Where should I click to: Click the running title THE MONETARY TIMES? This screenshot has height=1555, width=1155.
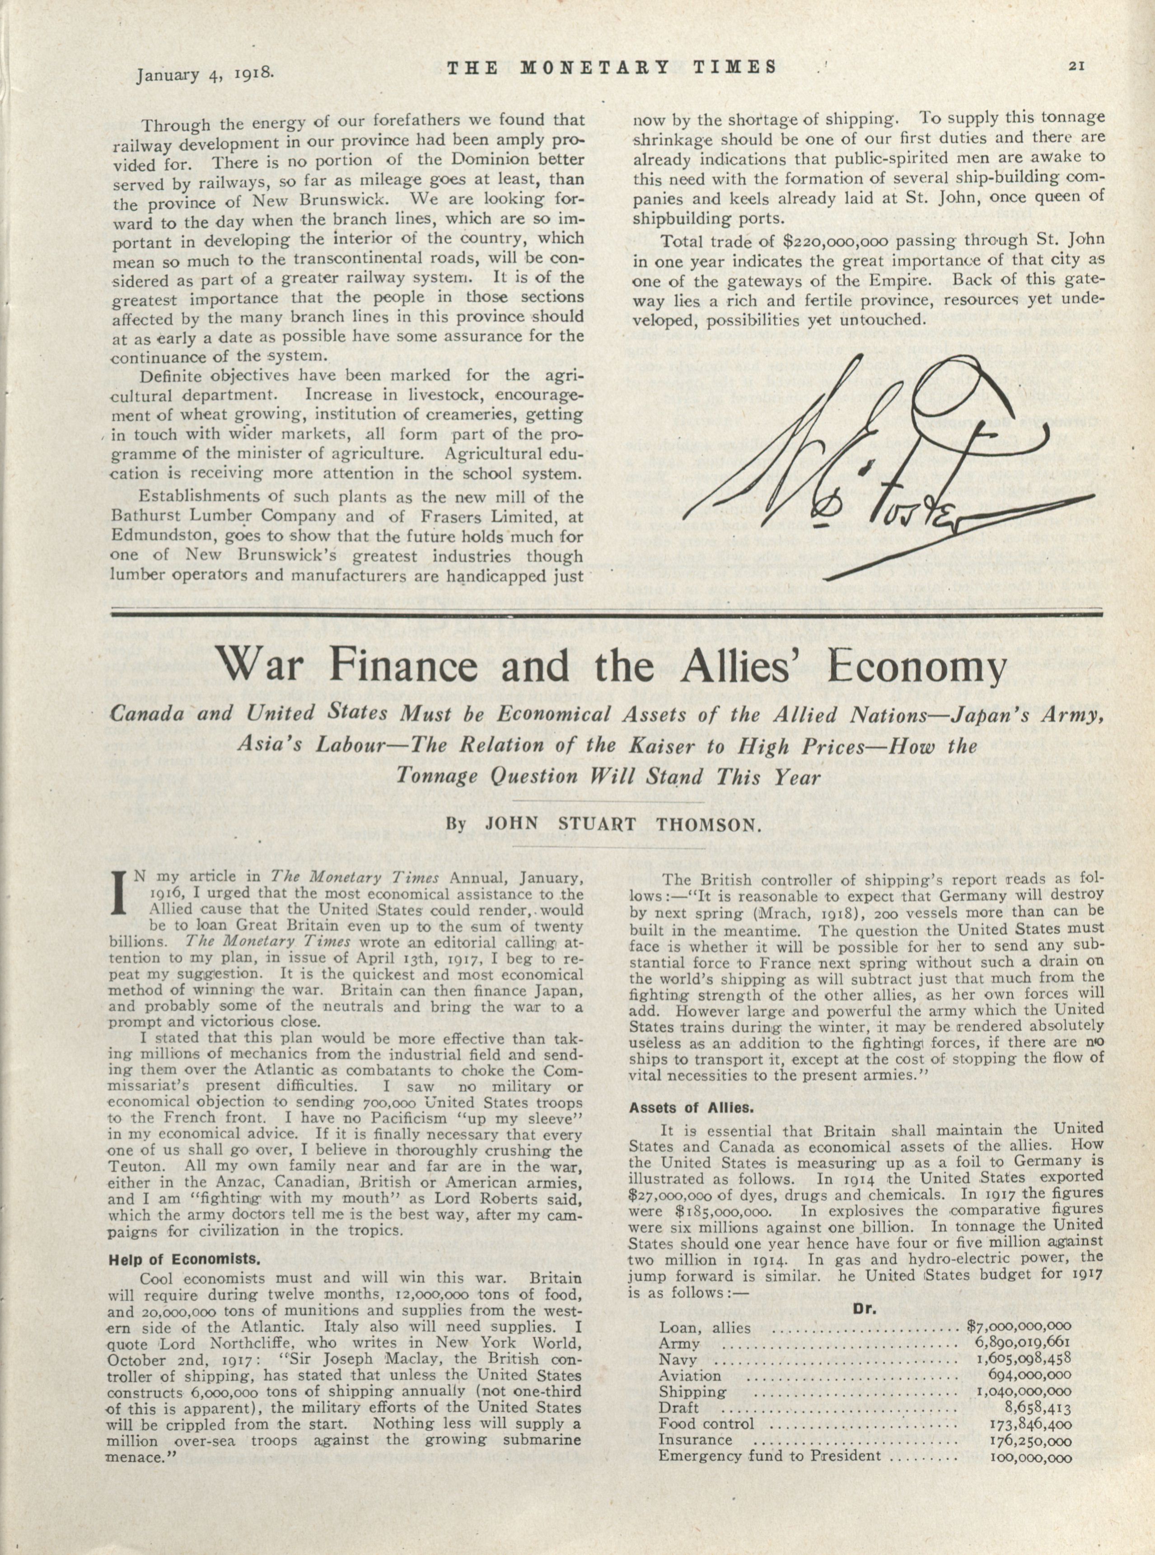tap(612, 68)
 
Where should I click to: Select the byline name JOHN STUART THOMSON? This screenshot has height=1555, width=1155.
tap(622, 824)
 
